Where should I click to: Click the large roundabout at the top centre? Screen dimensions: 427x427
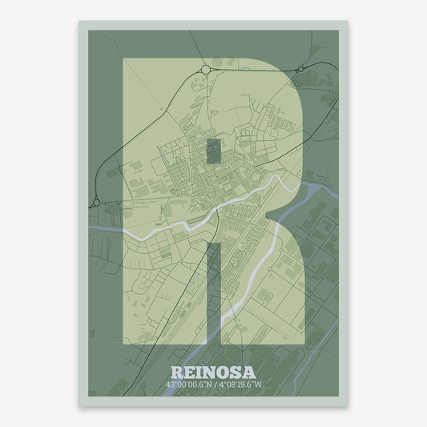tap(206, 70)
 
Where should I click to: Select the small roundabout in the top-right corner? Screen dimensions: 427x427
tap(299, 70)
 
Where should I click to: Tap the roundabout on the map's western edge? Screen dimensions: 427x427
tap(96, 203)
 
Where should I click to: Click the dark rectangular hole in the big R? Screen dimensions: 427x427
tap(213, 151)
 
